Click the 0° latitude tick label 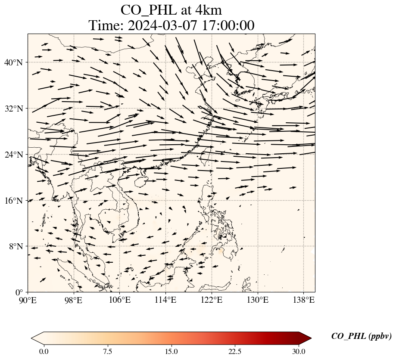(x=20, y=293)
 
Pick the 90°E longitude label (x=28, y=300)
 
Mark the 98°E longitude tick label (x=74, y=300)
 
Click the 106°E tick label (x=120, y=300)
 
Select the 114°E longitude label (x=165, y=300)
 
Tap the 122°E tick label (x=212, y=300)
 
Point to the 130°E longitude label (x=258, y=300)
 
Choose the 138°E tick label (x=303, y=300)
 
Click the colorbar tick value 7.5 (x=108, y=351)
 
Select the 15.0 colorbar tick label (x=171, y=351)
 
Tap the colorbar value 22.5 (x=235, y=351)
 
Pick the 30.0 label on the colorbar (x=299, y=351)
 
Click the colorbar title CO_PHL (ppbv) (x=361, y=336)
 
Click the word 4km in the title (x=205, y=10)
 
